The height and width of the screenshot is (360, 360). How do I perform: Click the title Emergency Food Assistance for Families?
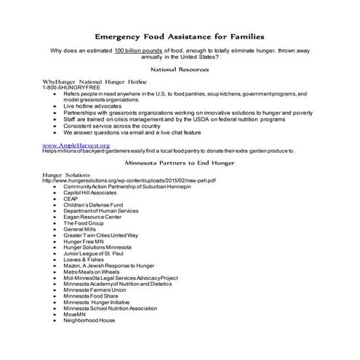(180, 36)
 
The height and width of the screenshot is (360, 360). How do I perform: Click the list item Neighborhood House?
(89, 320)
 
